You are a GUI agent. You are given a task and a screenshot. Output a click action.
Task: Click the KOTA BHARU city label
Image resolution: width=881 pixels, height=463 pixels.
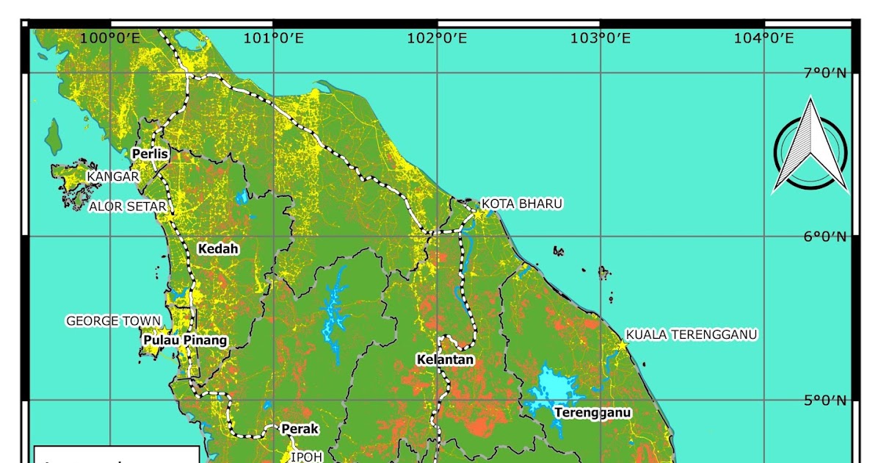tap(521, 204)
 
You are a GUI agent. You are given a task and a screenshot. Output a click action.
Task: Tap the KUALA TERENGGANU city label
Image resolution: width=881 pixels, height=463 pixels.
tap(691, 334)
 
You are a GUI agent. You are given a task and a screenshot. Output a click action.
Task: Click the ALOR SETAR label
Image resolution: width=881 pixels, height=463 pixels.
tap(128, 207)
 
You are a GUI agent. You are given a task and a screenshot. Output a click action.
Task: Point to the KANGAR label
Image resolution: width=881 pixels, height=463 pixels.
tap(113, 177)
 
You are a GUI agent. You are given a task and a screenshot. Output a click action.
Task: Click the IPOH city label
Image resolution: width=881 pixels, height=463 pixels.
tap(307, 456)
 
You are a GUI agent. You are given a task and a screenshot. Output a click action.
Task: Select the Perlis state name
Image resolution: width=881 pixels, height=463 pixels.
tap(151, 154)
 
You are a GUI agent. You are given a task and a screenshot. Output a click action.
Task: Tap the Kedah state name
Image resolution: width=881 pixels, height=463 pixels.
tap(218, 249)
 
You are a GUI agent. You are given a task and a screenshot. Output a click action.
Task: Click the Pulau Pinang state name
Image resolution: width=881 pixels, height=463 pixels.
tap(185, 341)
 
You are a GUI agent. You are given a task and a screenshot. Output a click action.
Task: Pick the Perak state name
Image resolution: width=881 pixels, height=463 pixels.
tap(298, 428)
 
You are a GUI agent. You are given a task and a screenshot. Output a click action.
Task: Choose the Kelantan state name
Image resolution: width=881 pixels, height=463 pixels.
tap(445, 360)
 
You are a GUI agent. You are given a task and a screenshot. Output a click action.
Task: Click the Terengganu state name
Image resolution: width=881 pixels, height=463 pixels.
tap(592, 412)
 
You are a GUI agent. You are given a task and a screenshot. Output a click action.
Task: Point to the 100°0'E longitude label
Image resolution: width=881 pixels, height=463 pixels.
tap(110, 38)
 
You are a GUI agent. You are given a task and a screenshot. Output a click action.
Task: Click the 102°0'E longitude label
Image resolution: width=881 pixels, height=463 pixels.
tap(437, 38)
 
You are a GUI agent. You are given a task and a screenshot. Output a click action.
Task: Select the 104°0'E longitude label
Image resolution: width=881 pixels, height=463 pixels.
tap(764, 38)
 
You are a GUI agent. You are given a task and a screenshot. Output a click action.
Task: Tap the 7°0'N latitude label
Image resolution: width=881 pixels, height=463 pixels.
tap(824, 73)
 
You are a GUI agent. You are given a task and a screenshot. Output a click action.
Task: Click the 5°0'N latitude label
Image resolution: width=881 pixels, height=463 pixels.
tap(824, 401)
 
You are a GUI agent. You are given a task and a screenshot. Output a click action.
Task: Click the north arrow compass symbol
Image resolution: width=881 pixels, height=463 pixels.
tap(811, 147)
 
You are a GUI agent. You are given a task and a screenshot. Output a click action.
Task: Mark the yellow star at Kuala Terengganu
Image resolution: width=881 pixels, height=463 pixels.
tap(622, 345)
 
